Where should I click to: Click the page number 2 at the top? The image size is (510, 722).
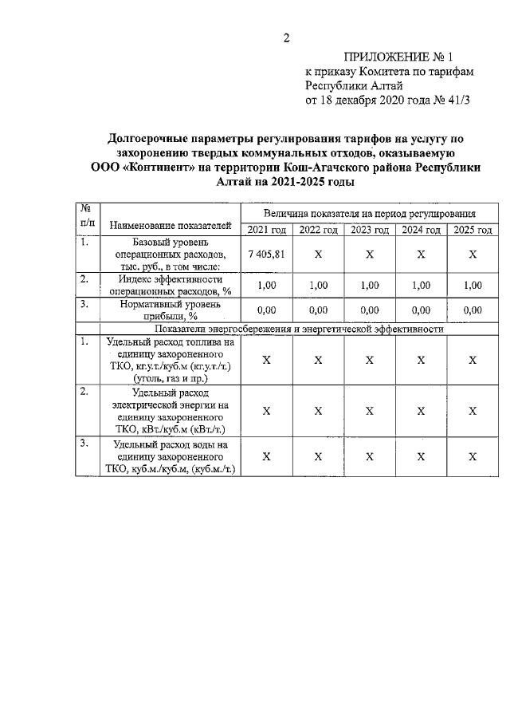point(286,37)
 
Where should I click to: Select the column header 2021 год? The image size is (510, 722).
point(266,231)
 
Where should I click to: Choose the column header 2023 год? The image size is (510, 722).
point(370,231)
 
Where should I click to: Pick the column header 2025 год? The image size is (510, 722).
point(473,231)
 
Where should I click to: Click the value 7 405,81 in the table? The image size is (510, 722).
point(266,254)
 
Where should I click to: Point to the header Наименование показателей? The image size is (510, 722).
point(170,223)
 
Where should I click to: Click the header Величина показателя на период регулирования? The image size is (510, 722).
point(370,214)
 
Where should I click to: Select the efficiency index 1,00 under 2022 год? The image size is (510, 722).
point(318,285)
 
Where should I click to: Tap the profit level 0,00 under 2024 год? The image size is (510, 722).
point(422,310)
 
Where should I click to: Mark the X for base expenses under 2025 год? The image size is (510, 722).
point(473,254)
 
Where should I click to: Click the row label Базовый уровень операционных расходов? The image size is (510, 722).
point(170,254)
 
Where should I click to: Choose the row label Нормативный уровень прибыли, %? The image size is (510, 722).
point(170,310)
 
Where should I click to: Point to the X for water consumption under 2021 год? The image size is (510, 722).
point(266,456)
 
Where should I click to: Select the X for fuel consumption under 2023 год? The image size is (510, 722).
point(370,360)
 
